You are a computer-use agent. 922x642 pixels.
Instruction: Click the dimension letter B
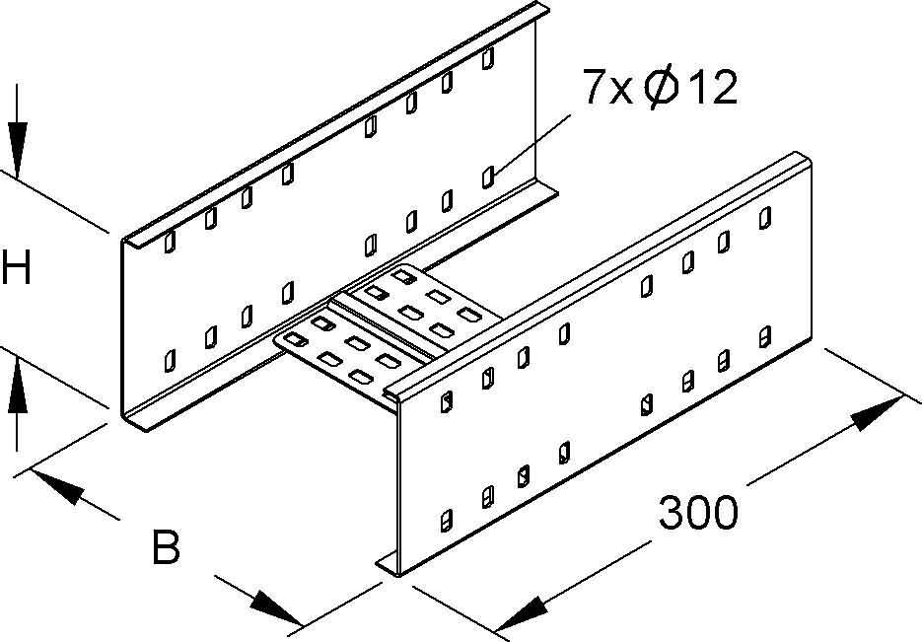click(167, 548)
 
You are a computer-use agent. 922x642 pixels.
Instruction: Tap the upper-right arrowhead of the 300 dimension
click(876, 412)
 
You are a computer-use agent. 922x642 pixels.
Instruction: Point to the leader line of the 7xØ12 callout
click(532, 143)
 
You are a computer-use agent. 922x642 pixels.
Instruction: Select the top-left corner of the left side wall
click(123, 240)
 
